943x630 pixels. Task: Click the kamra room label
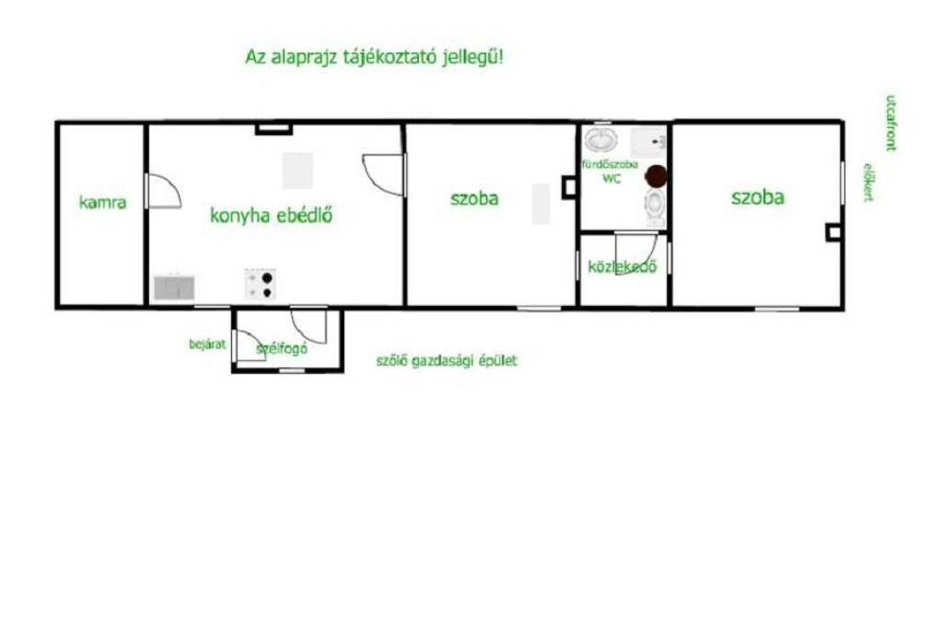(x=103, y=203)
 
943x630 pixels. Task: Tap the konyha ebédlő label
(x=272, y=216)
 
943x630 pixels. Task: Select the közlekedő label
(x=622, y=266)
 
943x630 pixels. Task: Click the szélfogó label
(x=282, y=348)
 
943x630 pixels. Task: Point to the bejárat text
(x=207, y=344)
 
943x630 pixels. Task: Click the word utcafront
(x=891, y=122)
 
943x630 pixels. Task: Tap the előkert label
(x=868, y=181)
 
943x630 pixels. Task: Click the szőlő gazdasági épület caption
(x=447, y=361)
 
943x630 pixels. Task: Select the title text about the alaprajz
(x=374, y=57)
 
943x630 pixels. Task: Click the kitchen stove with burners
(x=261, y=284)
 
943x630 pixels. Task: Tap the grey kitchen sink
(x=174, y=287)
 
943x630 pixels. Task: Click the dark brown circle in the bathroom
(x=656, y=176)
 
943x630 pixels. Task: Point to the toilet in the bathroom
(x=655, y=207)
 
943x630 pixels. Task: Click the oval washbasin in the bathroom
(x=600, y=140)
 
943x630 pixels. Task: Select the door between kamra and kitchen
(x=163, y=192)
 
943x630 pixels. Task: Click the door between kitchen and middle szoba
(x=384, y=174)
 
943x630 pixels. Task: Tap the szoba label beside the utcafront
(x=758, y=197)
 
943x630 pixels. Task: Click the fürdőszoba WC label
(x=610, y=171)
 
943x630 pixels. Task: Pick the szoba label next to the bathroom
(x=474, y=199)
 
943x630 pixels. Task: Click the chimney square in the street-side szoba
(x=832, y=232)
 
